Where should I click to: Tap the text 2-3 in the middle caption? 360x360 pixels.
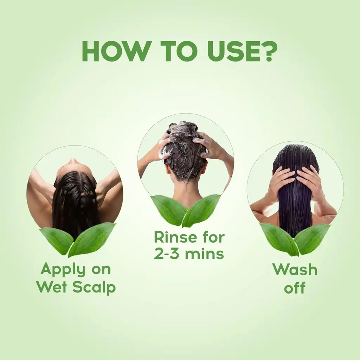(167, 253)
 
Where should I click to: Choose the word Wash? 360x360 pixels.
(295, 270)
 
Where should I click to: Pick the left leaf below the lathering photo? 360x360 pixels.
(168, 210)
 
